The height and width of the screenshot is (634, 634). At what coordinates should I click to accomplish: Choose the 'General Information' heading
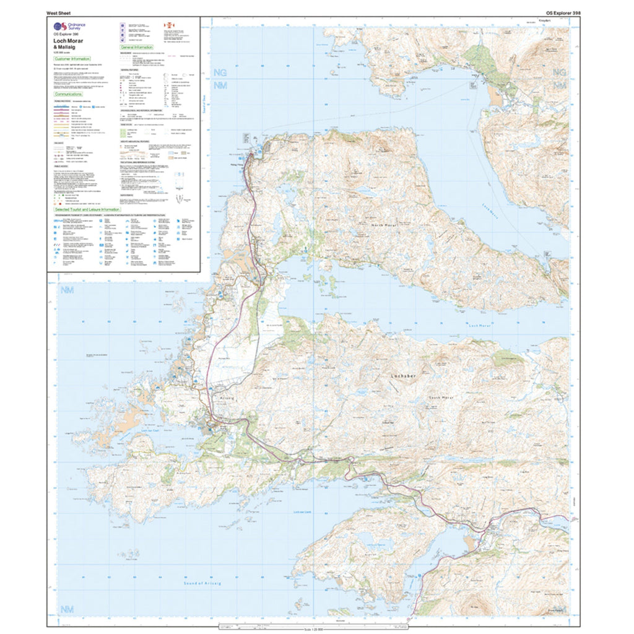[x=136, y=47]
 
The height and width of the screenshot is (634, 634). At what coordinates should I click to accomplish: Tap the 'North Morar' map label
[x=383, y=227]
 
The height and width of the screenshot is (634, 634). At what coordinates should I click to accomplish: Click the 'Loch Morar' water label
[x=479, y=325]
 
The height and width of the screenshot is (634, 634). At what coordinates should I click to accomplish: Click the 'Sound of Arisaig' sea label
[x=202, y=583]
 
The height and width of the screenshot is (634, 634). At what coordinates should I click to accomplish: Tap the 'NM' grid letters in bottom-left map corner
[x=66, y=610]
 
